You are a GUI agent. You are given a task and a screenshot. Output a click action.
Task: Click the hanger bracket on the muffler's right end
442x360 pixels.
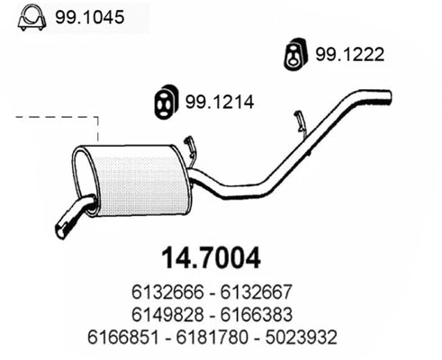point(189,150)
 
